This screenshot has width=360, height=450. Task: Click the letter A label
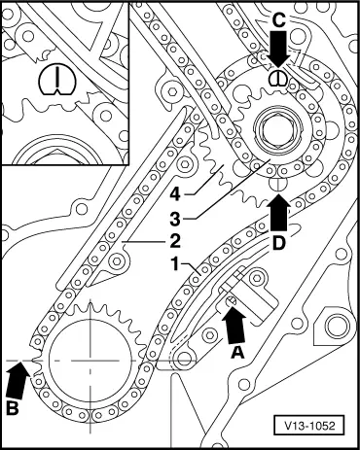[237, 352]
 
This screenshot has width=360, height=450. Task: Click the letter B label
[13, 408]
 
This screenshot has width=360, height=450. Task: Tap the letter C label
[278, 21]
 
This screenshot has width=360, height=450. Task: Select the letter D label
[279, 243]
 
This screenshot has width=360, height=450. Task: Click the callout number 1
[175, 264]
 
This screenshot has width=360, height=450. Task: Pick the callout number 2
[175, 241]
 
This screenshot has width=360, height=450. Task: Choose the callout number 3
[175, 219]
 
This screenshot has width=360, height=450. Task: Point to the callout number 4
[175, 194]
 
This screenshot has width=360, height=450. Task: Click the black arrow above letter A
[234, 325]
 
